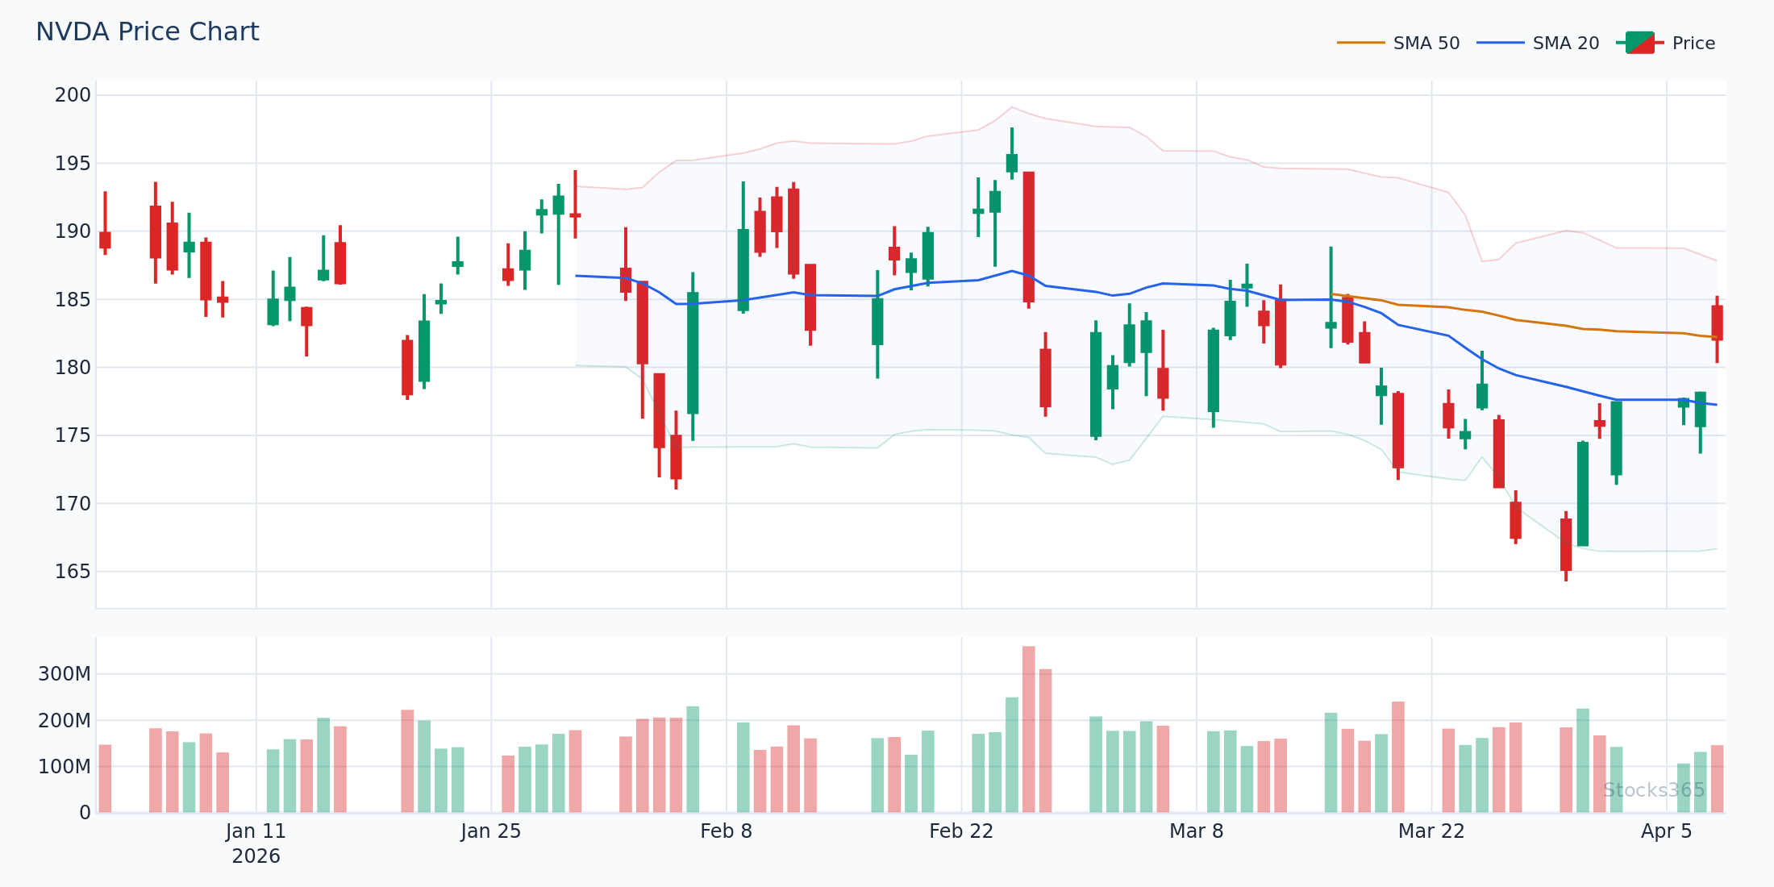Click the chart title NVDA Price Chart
[148, 32]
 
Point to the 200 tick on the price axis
[73, 95]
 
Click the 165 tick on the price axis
[73, 572]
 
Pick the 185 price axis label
[73, 299]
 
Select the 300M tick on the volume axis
[65, 674]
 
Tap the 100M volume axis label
[65, 767]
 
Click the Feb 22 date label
[961, 831]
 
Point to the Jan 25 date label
[491, 831]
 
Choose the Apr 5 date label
[1666, 831]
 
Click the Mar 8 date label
[1196, 831]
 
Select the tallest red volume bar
[1028, 729]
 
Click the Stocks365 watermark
[1653, 790]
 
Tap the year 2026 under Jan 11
[256, 856]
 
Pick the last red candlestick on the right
[1717, 323]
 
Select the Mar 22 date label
[1431, 831]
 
